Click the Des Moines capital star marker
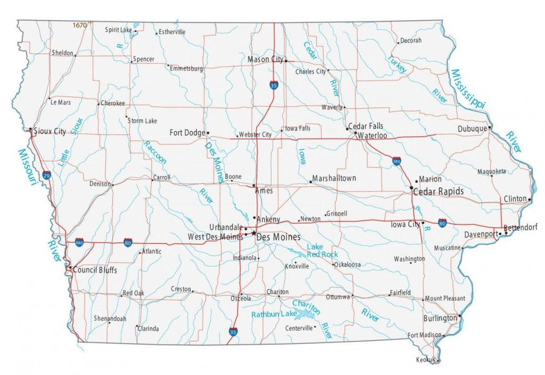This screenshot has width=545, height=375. tap(254, 233)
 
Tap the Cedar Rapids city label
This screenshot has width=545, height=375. tap(439, 191)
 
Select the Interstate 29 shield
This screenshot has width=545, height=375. tap(47, 175)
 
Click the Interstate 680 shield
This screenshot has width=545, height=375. tap(79, 242)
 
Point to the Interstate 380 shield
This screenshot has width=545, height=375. tap(397, 161)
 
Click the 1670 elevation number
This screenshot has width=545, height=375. tap(79, 25)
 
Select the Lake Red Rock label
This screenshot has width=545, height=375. tap(322, 250)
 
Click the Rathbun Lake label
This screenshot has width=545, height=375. tap(274, 314)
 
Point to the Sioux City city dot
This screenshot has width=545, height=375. tap(30, 130)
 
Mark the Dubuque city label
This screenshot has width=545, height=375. tap(472, 129)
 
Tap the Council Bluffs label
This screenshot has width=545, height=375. tap(95, 270)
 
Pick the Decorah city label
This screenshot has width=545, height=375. tap(410, 40)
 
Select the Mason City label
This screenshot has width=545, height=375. tap(265, 60)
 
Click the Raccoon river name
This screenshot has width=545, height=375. tap(155, 153)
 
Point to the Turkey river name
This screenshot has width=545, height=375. tap(397, 64)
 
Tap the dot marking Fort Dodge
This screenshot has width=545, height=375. tap(208, 133)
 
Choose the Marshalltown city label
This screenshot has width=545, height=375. tap(334, 178)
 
